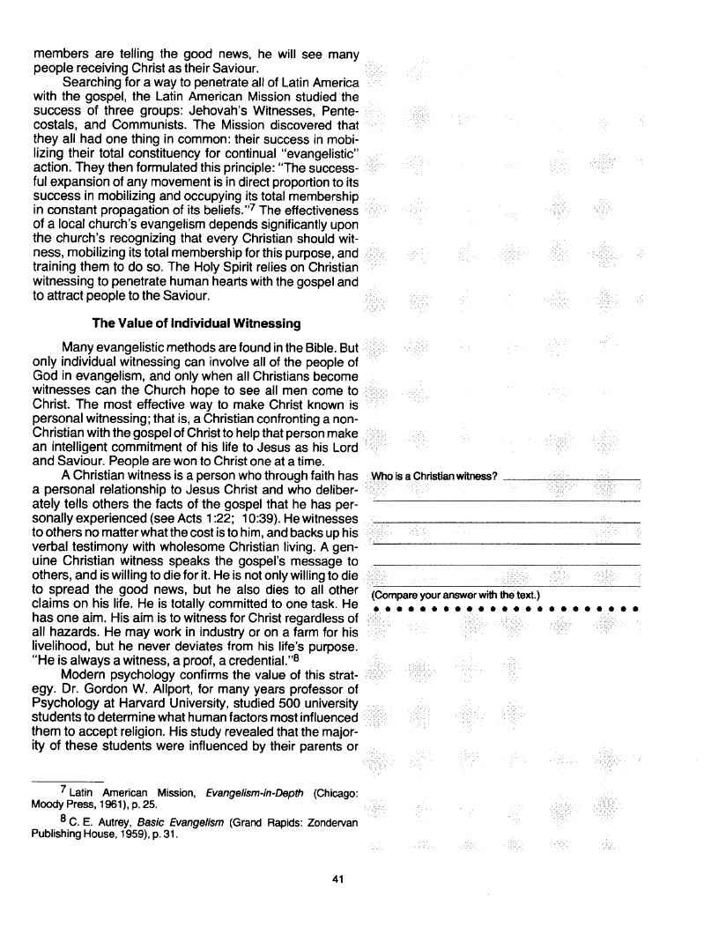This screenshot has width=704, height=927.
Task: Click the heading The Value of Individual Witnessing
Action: click(195, 323)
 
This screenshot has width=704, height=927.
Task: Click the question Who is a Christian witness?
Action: click(435, 478)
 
